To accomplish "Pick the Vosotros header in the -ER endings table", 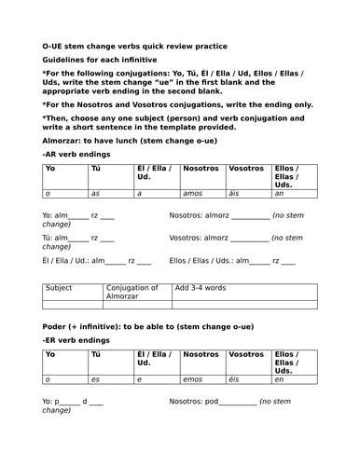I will tap(245, 356).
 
